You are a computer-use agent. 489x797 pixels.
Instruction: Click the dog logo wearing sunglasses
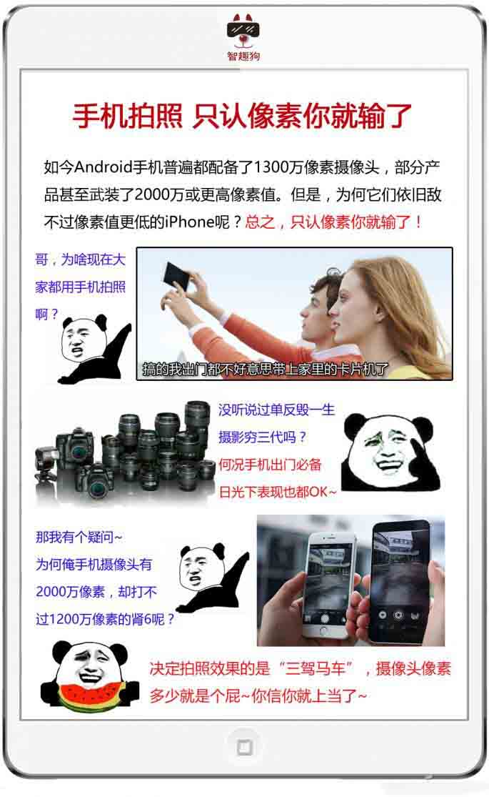pos(243,31)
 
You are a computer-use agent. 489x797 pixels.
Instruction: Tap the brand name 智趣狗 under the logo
pos(243,56)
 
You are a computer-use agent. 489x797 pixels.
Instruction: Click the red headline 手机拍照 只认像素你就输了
pos(242,116)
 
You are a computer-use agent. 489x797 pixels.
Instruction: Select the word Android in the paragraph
pos(103,167)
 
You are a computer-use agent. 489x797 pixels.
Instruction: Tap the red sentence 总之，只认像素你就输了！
pos(334,222)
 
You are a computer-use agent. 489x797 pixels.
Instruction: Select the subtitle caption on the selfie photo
pos(265,369)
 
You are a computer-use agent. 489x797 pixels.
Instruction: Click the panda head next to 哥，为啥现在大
pos(82,338)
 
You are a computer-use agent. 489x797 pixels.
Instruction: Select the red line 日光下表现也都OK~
pos(278,492)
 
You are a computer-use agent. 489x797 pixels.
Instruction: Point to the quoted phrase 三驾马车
pos(316,668)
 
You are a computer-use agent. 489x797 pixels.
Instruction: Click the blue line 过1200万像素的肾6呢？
pos(105,619)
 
